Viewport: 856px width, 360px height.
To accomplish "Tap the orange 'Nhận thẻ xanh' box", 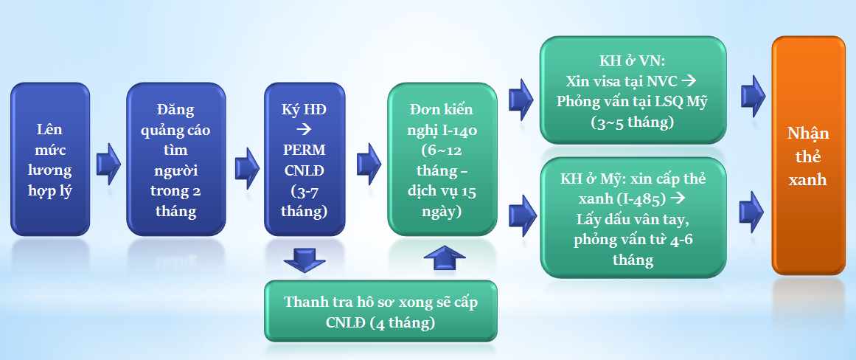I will tap(807, 156).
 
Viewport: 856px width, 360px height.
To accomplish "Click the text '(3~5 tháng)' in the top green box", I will tap(633, 122).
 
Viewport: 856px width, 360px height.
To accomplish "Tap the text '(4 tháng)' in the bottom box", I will tap(407, 323).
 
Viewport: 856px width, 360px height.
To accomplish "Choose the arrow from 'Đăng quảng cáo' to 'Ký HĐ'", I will tap(245, 164).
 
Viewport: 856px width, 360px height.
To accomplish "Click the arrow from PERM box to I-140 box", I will tap(367, 164).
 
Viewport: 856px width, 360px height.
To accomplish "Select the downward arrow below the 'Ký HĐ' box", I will tap(303, 260).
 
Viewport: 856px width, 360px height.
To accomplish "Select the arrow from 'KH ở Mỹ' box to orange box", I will tap(752, 210).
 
